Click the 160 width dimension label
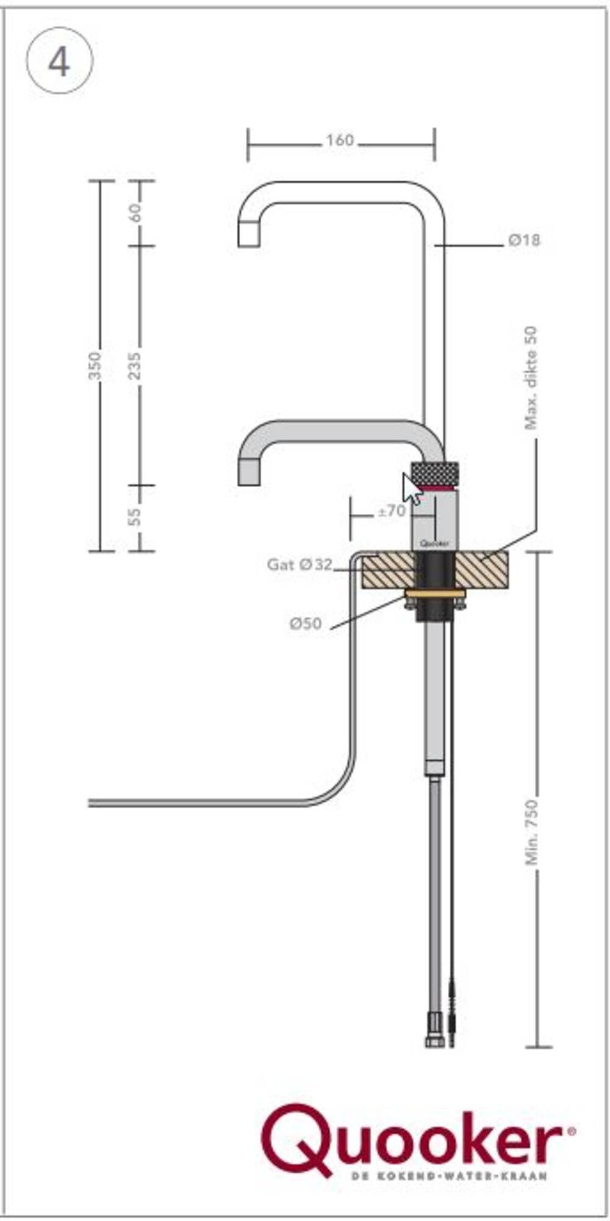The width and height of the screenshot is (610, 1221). click(340, 141)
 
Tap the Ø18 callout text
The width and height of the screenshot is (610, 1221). click(524, 240)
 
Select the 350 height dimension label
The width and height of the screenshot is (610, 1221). click(95, 365)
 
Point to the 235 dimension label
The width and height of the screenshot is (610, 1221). click(135, 365)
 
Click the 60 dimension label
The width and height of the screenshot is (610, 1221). click(135, 212)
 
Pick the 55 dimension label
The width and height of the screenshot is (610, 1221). click(135, 516)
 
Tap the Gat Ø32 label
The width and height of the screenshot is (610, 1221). click(300, 565)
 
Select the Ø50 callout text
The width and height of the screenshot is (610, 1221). click(305, 623)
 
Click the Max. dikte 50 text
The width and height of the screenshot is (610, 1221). click(531, 378)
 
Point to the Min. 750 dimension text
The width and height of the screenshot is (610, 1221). click(532, 832)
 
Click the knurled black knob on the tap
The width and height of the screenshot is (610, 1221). click(435, 473)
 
